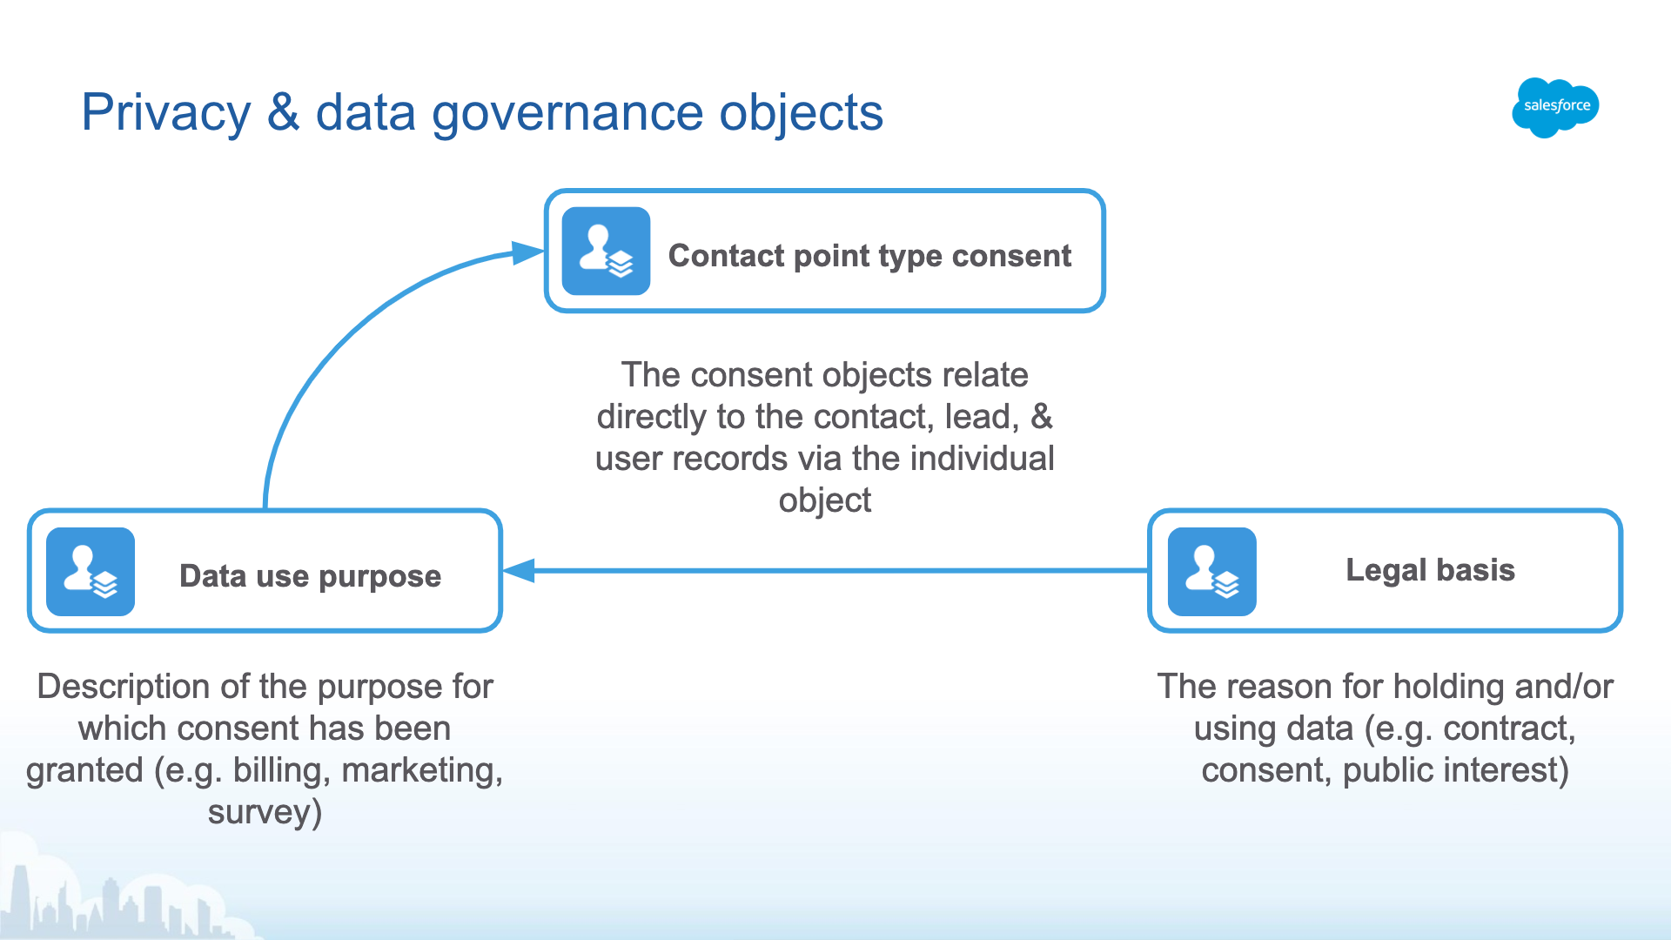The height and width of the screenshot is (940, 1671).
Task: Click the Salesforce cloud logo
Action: [1556, 106]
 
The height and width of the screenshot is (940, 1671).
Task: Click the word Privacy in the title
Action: [165, 113]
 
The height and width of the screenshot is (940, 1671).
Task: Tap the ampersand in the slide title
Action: [284, 113]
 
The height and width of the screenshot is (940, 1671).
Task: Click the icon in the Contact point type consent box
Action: [606, 251]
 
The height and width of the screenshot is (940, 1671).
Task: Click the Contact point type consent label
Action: [869, 256]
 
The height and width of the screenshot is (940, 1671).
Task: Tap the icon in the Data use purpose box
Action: [91, 572]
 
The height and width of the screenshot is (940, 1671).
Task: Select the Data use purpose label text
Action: [310, 576]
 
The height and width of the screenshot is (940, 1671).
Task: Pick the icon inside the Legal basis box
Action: [1211, 572]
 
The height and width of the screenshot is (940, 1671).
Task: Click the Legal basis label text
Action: [1430, 570]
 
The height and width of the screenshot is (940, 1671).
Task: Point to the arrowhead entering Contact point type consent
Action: [527, 253]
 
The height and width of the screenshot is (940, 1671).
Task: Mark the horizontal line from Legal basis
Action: [835, 571]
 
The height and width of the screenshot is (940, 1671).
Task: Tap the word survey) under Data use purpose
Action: [265, 813]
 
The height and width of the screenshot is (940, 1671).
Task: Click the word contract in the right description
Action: [1508, 729]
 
